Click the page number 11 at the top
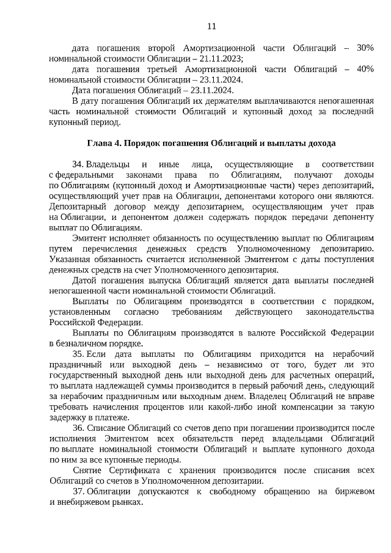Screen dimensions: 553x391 pos(211,26)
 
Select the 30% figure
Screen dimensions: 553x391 pos(364,48)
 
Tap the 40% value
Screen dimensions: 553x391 pos(364,69)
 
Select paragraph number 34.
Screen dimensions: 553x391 pos(78,164)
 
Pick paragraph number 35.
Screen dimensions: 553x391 pos(78,354)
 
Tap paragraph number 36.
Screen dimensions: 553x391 pos(78,429)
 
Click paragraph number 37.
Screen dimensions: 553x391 pos(78,492)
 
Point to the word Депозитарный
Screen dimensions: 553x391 pos(77,207)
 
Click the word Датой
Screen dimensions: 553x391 pos(84,280)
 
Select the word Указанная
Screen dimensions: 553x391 pos(70,259)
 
